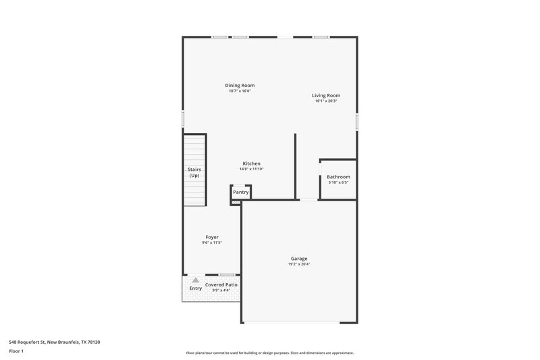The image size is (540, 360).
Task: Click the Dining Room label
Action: click(240, 85)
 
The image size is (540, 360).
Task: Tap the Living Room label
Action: click(325, 95)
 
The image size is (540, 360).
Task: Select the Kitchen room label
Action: click(252, 163)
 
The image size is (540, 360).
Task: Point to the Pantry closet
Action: click(241, 192)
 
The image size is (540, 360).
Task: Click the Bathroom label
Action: click(338, 177)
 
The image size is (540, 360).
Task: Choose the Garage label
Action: click(299, 258)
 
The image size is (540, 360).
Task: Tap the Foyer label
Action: click(212, 237)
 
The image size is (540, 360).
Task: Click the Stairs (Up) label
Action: click(194, 172)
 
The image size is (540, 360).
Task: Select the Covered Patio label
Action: click(221, 285)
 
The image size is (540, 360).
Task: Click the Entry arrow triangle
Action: click(196, 280)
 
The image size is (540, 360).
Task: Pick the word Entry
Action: click(195, 288)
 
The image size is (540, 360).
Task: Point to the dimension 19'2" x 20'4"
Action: click(299, 264)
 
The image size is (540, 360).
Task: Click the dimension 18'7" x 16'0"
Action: click(240, 91)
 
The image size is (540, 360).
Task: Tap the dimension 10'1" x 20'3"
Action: click(325, 101)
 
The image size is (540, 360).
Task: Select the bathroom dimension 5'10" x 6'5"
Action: click(338, 182)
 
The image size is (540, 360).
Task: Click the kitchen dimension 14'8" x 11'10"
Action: click(252, 169)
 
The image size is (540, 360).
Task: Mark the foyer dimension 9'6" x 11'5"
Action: click(212, 242)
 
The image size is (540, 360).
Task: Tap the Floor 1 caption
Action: click(16, 352)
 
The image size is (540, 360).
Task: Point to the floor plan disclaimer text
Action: click(269, 353)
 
